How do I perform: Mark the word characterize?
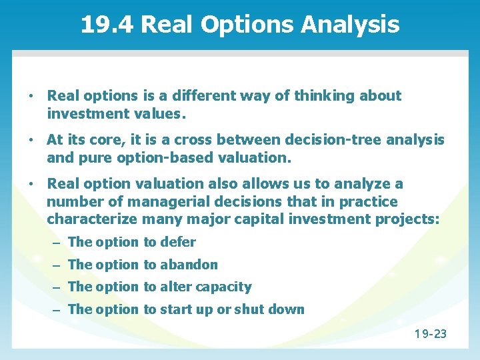(x=91, y=219)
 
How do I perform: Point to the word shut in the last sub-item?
(x=249, y=309)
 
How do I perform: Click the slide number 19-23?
(x=430, y=333)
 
